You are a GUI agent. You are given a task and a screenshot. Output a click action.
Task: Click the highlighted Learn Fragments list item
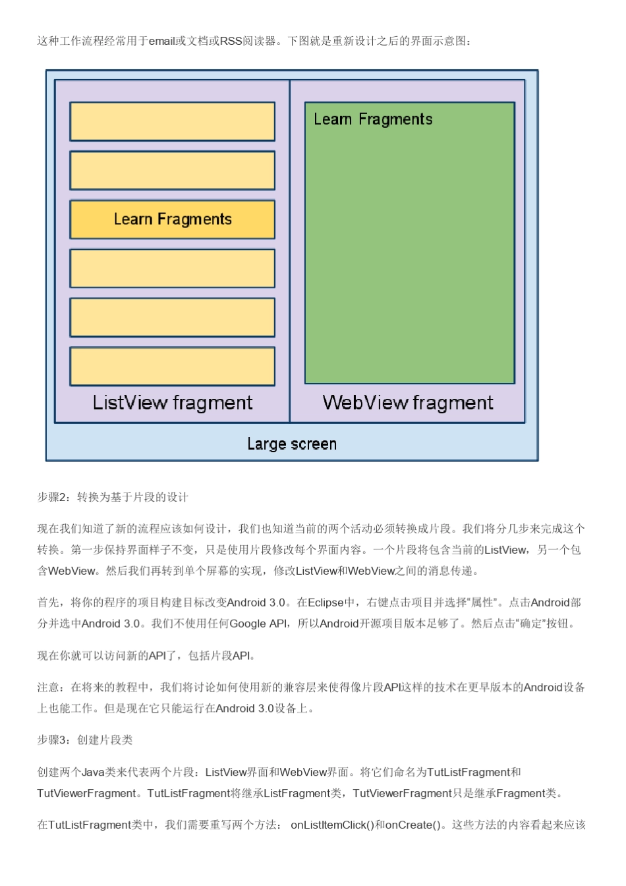coord(172,220)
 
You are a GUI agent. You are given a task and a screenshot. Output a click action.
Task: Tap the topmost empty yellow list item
coord(172,121)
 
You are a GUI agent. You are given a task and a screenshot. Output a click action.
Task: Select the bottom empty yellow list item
coord(172,367)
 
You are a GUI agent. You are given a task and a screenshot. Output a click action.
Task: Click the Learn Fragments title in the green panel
coord(373,119)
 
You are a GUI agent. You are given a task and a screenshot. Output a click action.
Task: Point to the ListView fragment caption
coord(172,403)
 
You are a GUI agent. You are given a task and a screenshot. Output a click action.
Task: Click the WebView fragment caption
coord(408,403)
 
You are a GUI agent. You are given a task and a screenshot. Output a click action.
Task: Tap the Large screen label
coord(292,444)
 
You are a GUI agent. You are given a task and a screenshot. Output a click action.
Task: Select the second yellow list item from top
coord(172,171)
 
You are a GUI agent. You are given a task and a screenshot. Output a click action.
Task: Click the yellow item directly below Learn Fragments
coord(172,268)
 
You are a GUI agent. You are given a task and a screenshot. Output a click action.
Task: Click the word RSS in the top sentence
coord(231,42)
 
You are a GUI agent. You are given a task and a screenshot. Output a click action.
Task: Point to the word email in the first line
coord(161,42)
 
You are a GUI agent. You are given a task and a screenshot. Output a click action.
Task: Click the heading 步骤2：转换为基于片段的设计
coord(113,498)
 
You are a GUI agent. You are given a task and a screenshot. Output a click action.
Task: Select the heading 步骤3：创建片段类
coord(85,740)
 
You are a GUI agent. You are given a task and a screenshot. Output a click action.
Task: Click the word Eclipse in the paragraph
coord(326,603)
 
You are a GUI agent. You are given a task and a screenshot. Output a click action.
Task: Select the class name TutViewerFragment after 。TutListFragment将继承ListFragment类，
coord(402,794)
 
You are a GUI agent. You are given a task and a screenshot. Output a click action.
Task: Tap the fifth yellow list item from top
coord(172,318)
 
